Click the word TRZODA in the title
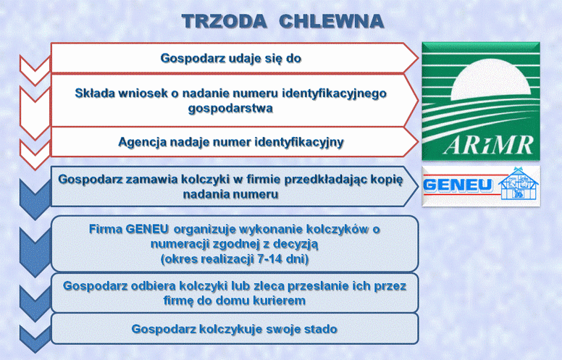point(224,21)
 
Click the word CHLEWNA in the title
point(331,21)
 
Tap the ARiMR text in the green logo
point(489,145)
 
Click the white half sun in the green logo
point(491,80)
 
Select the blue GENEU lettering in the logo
point(458,185)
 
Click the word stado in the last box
point(321,329)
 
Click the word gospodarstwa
point(230,108)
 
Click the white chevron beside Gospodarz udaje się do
point(35,70)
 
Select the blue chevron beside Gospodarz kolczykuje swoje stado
point(35,338)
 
